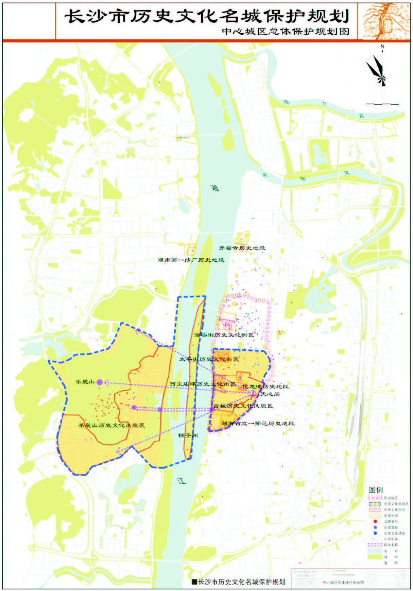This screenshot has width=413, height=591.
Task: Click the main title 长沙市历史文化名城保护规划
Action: [207, 16]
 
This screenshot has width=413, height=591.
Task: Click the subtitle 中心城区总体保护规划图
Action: [286, 31]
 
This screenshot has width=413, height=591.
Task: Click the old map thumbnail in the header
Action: [384, 21]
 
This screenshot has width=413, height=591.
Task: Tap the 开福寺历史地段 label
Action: [242, 248]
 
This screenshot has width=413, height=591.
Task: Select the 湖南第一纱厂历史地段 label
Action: [191, 260]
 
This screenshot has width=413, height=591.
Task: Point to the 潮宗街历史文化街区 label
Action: [224, 335]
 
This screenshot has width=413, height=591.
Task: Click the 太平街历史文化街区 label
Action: [209, 359]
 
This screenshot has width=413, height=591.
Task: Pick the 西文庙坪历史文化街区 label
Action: [203, 384]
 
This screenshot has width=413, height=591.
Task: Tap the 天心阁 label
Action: [270, 394]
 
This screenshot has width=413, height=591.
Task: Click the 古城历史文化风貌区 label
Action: [243, 406]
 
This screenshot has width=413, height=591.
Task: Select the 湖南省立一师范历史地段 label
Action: [258, 423]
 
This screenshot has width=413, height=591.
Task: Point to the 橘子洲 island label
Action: [188, 435]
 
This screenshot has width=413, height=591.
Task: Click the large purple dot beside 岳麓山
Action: [100, 382]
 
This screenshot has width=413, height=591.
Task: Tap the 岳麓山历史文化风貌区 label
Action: [111, 425]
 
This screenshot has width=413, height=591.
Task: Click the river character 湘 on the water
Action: [215, 188]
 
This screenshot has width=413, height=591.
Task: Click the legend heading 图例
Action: [376, 490]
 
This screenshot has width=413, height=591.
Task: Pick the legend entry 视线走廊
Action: [391, 545]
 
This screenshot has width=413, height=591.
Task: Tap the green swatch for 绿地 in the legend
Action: [375, 557]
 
